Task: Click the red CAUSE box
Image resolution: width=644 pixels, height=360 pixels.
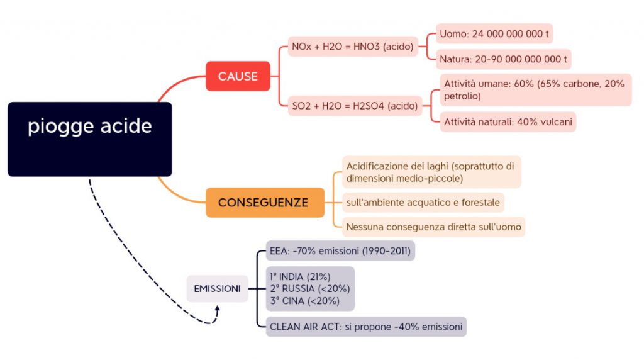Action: [x=238, y=76]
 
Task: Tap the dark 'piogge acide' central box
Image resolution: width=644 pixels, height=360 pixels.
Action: [x=89, y=138]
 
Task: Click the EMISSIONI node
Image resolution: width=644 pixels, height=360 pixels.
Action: [x=217, y=289]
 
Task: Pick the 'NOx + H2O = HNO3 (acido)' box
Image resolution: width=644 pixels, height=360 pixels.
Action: [x=353, y=47]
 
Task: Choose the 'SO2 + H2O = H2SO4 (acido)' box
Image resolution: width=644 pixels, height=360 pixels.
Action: [x=355, y=106]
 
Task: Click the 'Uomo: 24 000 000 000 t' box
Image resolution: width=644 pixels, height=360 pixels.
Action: [x=494, y=33]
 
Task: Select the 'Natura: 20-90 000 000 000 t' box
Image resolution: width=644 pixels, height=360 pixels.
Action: [x=503, y=60]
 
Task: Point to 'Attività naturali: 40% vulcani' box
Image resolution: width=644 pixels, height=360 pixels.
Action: [x=508, y=121]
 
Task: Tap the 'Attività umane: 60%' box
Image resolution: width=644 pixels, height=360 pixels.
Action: [x=535, y=89]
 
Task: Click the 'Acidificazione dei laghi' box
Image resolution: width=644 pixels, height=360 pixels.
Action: [x=431, y=172]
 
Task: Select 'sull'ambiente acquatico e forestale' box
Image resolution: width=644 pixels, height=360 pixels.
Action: [x=423, y=203]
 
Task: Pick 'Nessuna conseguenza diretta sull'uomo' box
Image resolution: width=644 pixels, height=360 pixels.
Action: [x=433, y=227]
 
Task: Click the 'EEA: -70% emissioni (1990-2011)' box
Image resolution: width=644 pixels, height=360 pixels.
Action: [x=340, y=251]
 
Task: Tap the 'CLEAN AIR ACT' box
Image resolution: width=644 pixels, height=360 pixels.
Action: [x=366, y=327]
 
